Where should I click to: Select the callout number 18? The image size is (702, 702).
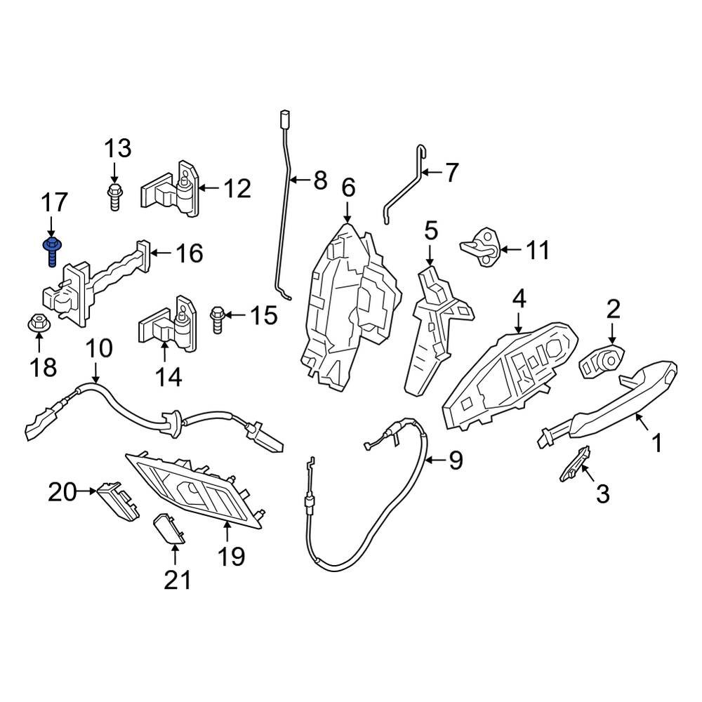point(44,366)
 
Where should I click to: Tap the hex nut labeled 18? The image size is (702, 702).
point(39,324)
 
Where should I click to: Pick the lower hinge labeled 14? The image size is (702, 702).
point(168,324)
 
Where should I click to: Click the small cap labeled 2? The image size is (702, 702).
point(602,360)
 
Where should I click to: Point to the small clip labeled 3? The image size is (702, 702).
point(575,463)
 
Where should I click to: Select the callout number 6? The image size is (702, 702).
point(348,187)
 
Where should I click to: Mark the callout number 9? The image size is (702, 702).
point(456,461)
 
